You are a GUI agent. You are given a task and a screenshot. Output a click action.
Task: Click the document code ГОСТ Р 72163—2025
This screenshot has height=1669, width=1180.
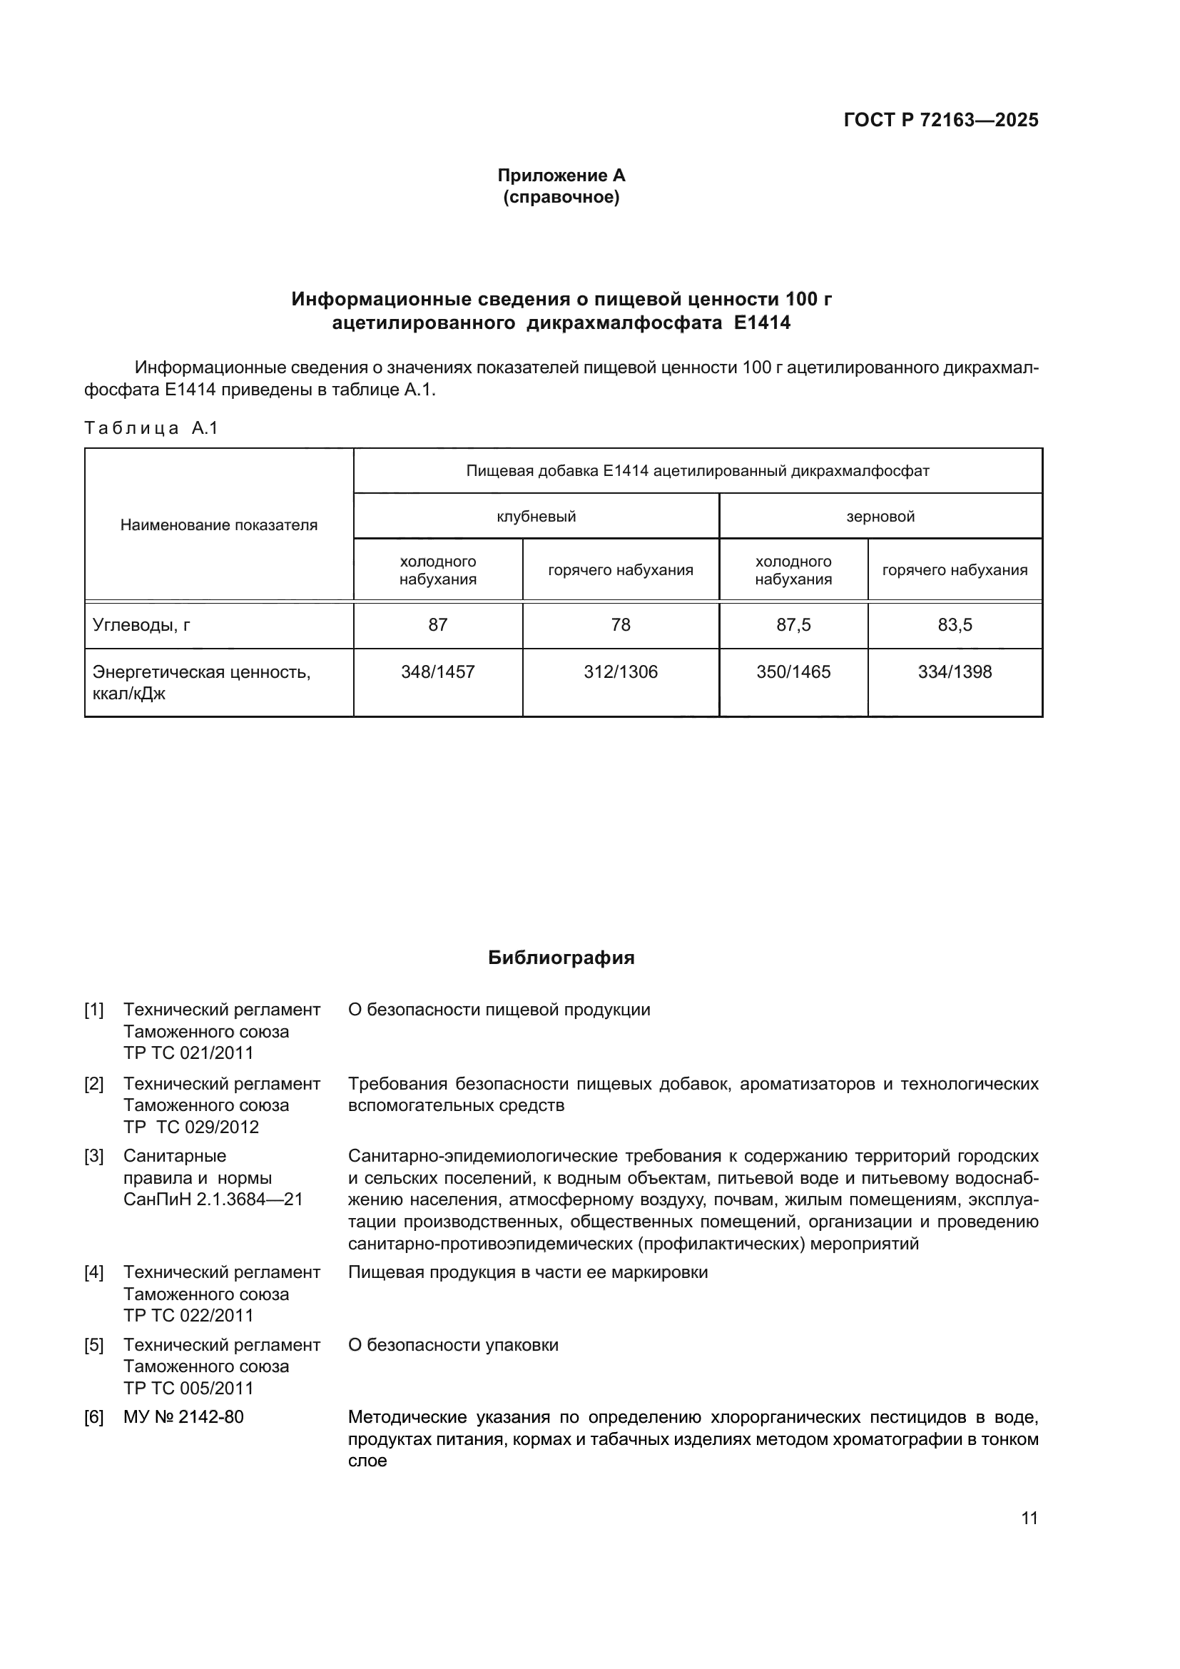[x=940, y=121]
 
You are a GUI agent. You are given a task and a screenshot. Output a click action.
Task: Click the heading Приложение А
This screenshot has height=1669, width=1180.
[x=561, y=176]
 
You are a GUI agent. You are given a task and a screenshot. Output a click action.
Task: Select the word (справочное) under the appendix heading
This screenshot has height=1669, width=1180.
[x=561, y=198]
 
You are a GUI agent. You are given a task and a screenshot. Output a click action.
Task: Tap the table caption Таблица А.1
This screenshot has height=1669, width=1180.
[x=151, y=428]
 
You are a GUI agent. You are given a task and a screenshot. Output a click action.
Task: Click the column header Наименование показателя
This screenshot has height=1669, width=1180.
[x=219, y=525]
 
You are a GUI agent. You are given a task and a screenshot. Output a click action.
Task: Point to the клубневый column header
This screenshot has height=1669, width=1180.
[x=536, y=517]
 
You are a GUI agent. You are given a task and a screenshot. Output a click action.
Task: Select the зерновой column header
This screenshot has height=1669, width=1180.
[x=880, y=517]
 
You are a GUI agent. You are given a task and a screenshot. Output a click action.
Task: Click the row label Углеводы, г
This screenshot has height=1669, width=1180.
[x=142, y=624]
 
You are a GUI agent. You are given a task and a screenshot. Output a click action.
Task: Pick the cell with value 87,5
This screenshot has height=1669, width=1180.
[x=793, y=624]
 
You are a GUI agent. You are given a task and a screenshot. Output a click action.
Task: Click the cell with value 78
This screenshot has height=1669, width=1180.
[x=621, y=624]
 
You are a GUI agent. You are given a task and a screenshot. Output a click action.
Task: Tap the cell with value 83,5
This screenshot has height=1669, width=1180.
[x=955, y=624]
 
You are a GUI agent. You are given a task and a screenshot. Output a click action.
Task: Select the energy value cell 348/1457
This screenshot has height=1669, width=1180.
[x=437, y=671]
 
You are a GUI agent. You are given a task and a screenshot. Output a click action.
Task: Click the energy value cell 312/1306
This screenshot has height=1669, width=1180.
[x=621, y=671]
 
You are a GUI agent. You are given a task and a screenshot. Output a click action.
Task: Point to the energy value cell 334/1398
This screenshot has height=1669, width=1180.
[x=955, y=671]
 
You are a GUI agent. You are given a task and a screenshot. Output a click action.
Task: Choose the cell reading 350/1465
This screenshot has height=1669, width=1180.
[x=793, y=671]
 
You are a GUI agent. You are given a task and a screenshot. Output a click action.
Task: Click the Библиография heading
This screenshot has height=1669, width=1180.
[x=561, y=958]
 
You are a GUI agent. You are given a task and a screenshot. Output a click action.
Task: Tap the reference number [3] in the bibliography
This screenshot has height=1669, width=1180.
[x=93, y=1156]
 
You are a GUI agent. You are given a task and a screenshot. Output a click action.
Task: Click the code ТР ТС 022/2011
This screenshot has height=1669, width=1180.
[x=189, y=1315]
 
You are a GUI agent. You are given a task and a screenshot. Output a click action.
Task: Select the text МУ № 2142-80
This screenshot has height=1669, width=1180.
[x=184, y=1417]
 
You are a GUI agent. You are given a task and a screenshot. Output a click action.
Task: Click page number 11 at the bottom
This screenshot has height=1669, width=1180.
[x=1029, y=1518]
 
